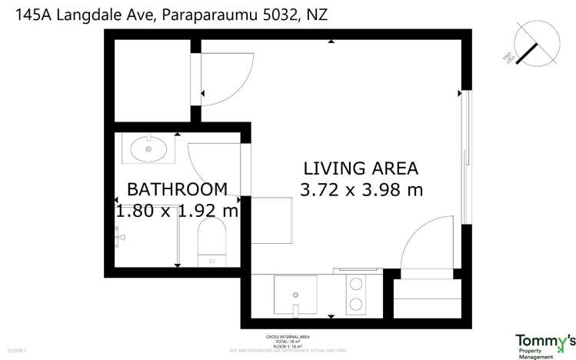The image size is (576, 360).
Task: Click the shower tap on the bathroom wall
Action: pos(118,239)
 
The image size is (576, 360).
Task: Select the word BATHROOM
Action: pos(177,189)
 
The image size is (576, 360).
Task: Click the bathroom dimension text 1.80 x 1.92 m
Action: pos(177,210)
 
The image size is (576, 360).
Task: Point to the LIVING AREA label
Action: pos(361,168)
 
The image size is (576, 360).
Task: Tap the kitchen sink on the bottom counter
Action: pos(295,295)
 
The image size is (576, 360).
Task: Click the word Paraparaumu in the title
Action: pos(206,14)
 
